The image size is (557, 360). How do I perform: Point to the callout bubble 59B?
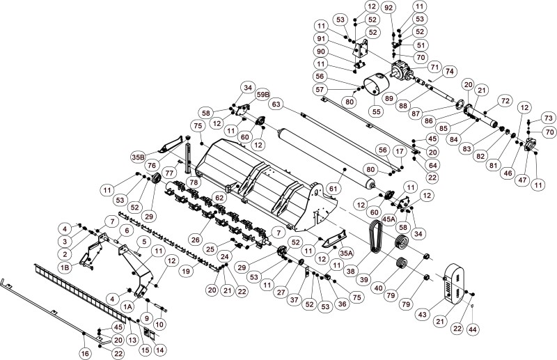pyautogui.click(x=264, y=94)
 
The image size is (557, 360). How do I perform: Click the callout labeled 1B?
pyautogui.click(x=64, y=267)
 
